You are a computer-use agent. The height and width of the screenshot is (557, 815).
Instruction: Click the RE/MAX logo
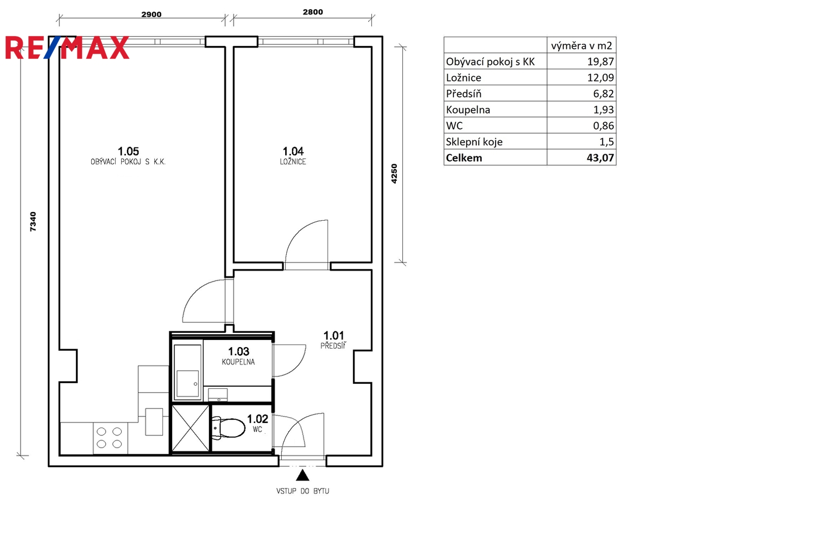[x=67, y=47]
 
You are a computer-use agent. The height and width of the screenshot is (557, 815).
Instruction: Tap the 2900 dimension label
[x=151, y=14]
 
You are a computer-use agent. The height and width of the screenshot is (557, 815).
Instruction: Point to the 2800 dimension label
[x=313, y=12]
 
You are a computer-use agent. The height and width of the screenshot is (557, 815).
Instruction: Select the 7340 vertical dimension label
[x=33, y=222]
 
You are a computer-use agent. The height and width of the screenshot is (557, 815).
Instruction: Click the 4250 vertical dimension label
[x=394, y=173]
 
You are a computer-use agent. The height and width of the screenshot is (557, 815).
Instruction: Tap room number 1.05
[x=128, y=151]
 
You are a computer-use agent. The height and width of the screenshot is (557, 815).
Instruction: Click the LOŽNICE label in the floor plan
[x=293, y=162]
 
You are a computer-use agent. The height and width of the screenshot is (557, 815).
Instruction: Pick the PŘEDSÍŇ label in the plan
[x=333, y=346]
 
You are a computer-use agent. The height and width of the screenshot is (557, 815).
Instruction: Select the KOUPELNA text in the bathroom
[x=238, y=362]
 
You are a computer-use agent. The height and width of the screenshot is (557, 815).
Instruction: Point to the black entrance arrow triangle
[x=302, y=476]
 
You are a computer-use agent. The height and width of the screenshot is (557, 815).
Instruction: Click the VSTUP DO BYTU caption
[x=303, y=491]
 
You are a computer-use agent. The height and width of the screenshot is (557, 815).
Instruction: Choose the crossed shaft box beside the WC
[x=191, y=428]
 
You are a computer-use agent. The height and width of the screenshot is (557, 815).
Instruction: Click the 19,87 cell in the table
[x=601, y=61]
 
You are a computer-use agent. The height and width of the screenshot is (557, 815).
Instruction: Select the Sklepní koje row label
[x=474, y=142]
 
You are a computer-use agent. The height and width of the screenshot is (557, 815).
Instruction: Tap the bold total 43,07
[x=600, y=158]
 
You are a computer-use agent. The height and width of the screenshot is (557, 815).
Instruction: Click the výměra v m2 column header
[x=581, y=46]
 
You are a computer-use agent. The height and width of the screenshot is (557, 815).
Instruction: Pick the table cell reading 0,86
[x=604, y=126]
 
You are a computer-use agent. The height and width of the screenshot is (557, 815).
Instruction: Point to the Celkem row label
[x=464, y=158]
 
